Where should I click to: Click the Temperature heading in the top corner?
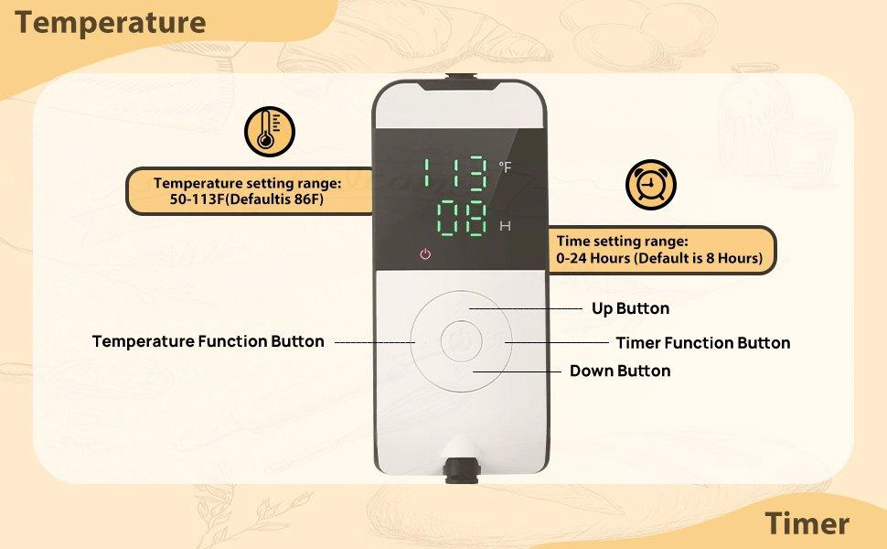tap(110, 22)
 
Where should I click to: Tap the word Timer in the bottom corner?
tap(807, 523)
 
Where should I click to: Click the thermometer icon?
tap(269, 132)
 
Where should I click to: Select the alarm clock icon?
tap(650, 186)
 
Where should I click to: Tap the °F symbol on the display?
tap(506, 167)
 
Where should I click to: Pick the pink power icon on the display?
tap(424, 253)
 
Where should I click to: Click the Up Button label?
tap(630, 308)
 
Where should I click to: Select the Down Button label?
tap(620, 371)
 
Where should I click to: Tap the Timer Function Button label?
tap(702, 343)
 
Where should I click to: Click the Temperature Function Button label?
tap(208, 341)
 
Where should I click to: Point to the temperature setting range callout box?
tap(248, 191)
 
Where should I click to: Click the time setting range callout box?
tap(660, 250)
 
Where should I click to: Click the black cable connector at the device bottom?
tap(461, 472)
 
